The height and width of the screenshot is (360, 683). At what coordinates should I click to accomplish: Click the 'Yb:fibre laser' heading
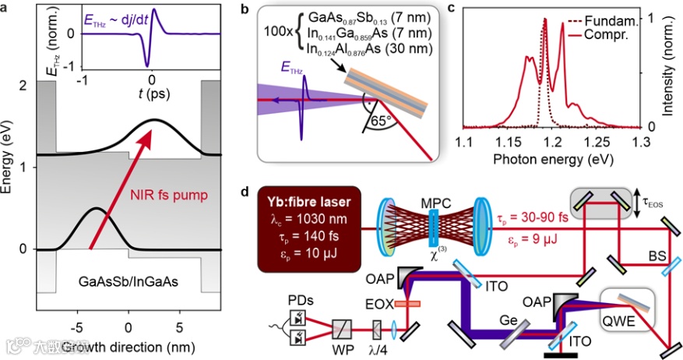pos(309,203)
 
